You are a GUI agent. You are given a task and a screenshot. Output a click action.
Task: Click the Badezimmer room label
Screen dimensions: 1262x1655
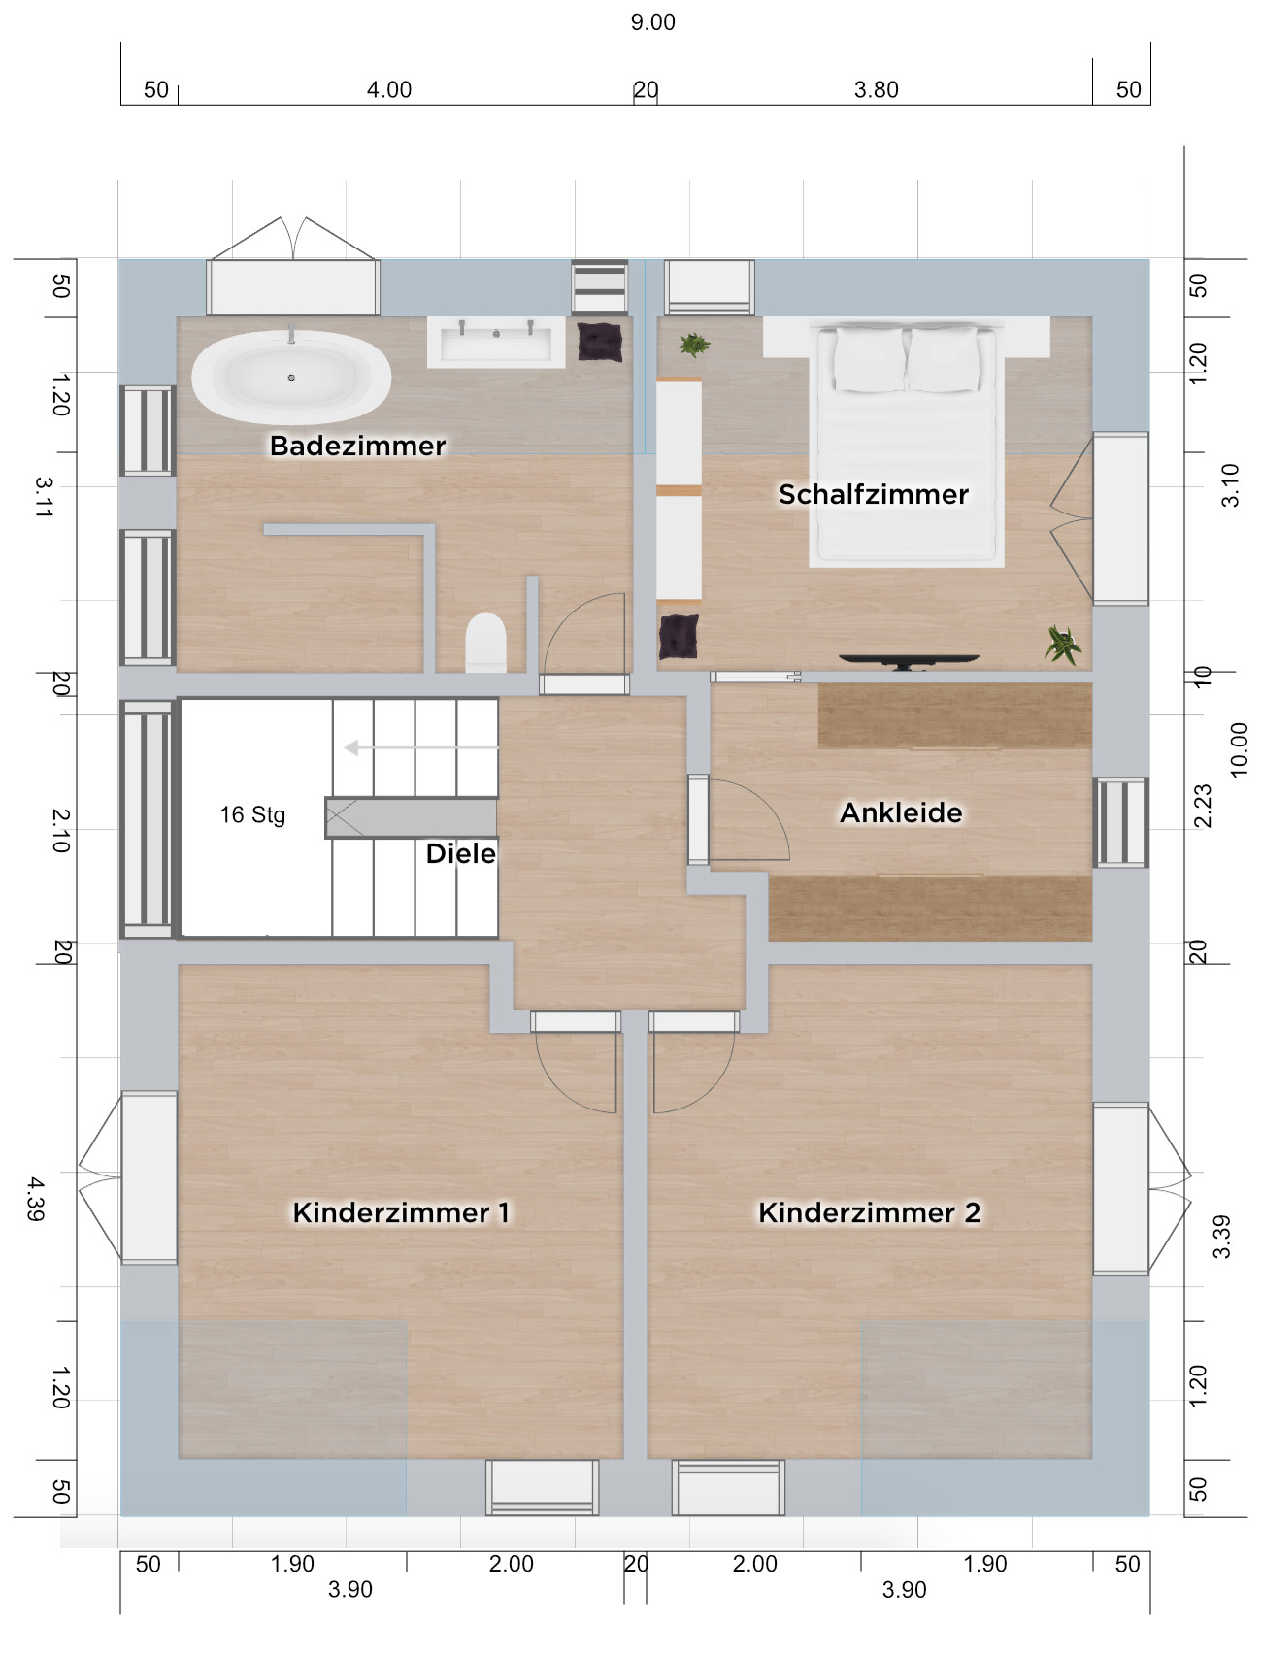coord(357,446)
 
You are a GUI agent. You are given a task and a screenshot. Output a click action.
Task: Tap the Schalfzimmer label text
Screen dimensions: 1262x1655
coord(874,494)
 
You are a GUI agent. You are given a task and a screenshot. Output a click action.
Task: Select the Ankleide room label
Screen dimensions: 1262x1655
coord(901,812)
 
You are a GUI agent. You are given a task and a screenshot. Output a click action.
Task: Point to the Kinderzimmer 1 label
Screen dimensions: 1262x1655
coord(401,1212)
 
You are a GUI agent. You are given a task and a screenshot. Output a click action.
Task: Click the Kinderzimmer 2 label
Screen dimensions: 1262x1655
coord(869,1212)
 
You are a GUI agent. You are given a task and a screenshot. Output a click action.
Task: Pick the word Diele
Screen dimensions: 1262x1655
coord(460,853)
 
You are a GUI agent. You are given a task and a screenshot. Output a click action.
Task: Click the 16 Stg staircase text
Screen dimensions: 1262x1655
coord(252,814)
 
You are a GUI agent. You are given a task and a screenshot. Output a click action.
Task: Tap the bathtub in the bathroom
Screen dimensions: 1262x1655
coord(291,377)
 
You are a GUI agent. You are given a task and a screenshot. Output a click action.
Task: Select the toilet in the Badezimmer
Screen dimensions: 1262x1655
coord(485,643)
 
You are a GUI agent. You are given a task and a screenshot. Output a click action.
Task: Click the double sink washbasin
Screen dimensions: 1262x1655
coord(496,342)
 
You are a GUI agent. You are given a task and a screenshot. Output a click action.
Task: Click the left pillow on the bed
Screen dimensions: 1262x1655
coord(870,359)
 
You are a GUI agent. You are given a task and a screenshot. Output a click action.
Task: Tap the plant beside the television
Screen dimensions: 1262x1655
coord(1063,644)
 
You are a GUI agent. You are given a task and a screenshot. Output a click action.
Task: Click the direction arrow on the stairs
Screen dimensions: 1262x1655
coord(421,747)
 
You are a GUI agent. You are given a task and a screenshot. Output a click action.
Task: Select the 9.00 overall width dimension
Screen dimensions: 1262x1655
coord(652,22)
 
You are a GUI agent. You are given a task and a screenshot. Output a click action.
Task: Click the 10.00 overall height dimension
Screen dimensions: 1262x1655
coord(1239,748)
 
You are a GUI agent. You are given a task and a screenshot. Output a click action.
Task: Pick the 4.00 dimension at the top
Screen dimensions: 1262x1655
coord(389,90)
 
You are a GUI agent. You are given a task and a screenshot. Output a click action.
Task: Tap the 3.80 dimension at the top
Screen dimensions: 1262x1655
coord(877,90)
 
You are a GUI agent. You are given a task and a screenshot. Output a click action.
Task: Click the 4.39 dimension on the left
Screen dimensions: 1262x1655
coord(36,1199)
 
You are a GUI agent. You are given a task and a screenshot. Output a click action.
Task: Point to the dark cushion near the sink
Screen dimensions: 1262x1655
coord(600,342)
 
